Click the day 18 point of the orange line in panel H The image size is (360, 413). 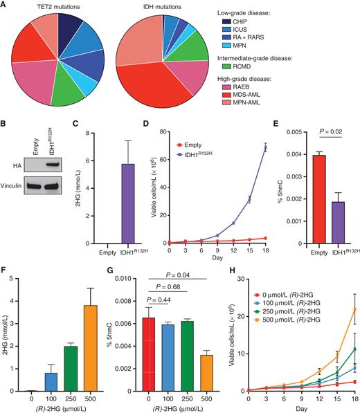click(x=354, y=309)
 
